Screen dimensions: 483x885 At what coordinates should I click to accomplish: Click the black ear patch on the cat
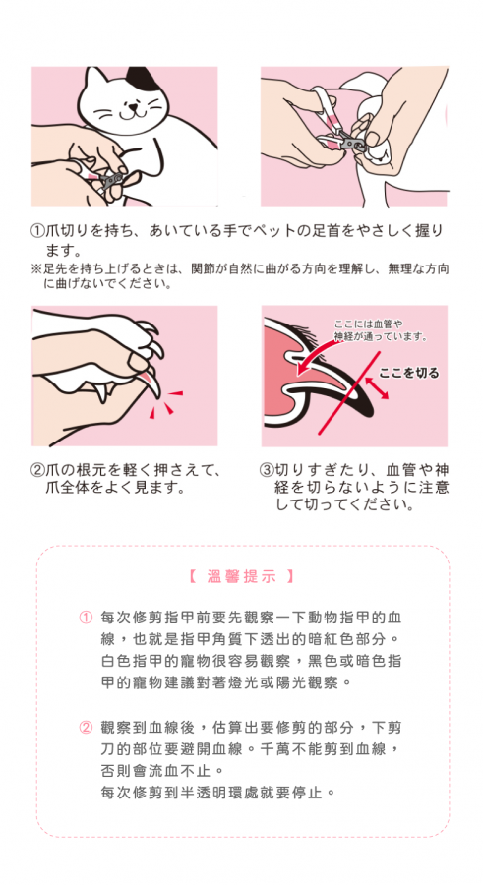(x=139, y=79)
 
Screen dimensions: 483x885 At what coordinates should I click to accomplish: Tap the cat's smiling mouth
(x=131, y=113)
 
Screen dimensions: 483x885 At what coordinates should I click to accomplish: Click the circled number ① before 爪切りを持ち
(x=37, y=231)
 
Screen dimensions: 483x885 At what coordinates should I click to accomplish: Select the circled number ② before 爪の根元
(x=37, y=470)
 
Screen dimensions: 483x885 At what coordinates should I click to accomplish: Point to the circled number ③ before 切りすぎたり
(x=266, y=470)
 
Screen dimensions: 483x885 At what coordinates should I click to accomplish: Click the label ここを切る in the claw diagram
(x=408, y=373)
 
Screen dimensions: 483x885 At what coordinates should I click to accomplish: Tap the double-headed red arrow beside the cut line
(x=378, y=388)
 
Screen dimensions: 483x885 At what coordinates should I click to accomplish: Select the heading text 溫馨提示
(x=242, y=577)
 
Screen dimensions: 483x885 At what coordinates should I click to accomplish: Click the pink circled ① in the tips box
(x=85, y=617)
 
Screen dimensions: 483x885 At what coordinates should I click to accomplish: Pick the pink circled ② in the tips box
(x=85, y=727)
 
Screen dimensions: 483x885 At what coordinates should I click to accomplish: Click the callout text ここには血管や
(x=368, y=324)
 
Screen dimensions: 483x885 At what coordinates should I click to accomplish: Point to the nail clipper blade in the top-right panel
(x=355, y=141)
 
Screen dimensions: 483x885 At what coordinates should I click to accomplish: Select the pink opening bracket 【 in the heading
(x=192, y=577)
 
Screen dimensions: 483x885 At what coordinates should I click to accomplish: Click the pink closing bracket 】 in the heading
(x=290, y=577)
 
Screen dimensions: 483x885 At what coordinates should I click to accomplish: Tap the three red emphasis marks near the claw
(x=165, y=404)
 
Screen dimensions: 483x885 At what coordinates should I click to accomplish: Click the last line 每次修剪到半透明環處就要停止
(x=217, y=793)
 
